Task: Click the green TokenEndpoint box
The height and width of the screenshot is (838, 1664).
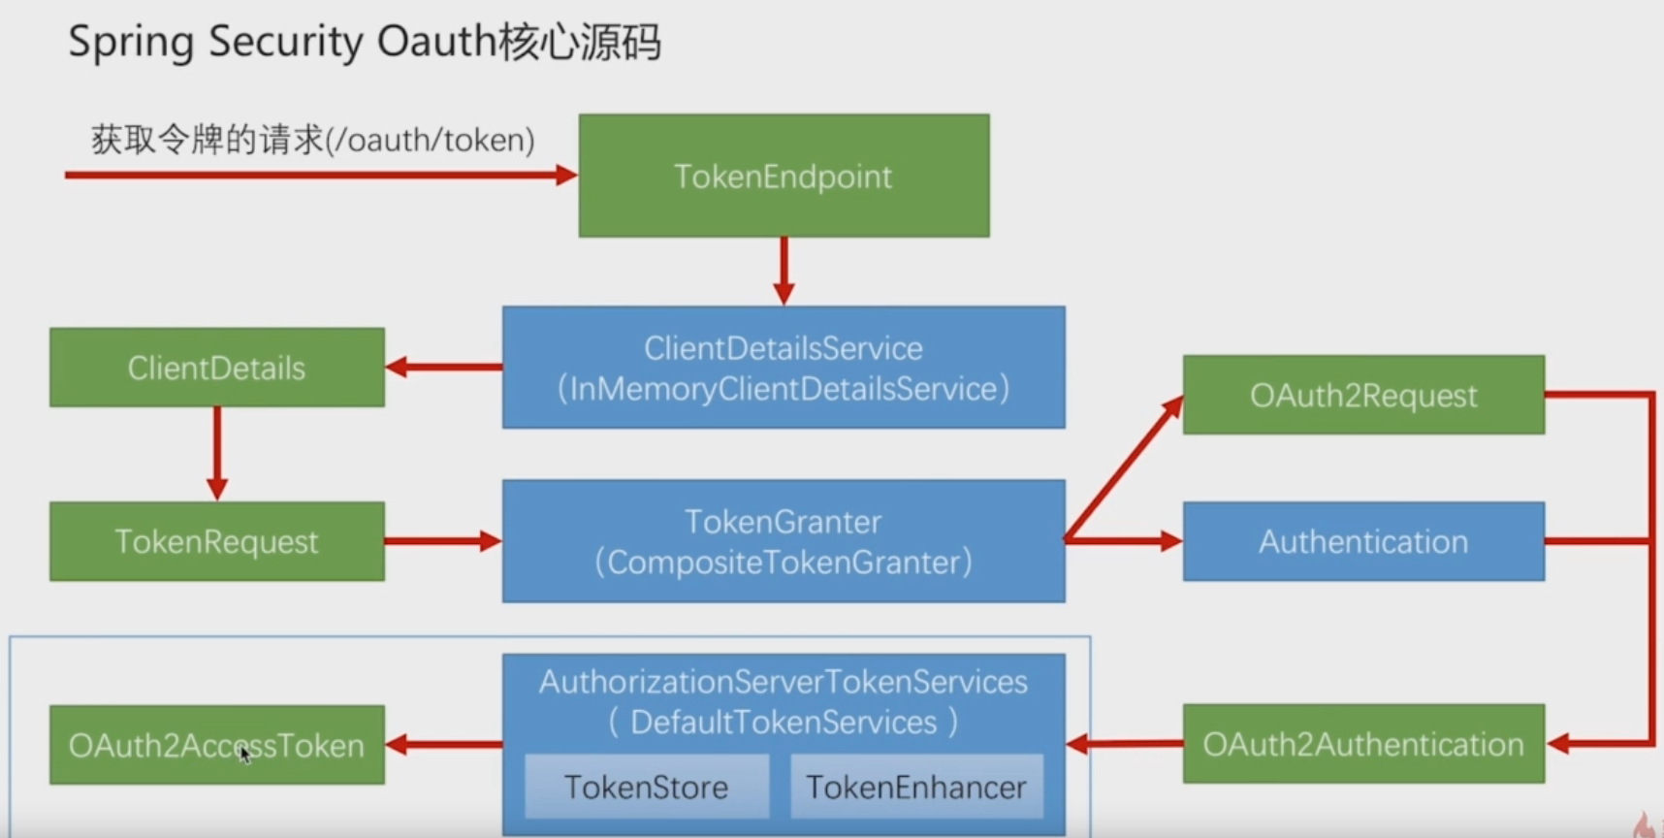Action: [784, 176]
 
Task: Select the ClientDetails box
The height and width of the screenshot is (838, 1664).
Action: [216, 368]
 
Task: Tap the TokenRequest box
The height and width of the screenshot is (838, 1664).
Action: [216, 541]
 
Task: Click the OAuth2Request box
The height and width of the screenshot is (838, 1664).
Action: [1362, 395]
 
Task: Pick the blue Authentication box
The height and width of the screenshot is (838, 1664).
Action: [1362, 541]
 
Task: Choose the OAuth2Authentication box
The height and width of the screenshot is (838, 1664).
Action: [1362, 744]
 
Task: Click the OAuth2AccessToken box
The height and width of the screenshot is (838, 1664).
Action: [216, 745]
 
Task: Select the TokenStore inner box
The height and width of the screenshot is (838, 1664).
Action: [646, 787]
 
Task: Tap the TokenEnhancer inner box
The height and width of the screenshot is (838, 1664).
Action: [915, 787]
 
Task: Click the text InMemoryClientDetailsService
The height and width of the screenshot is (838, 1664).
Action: [784, 389]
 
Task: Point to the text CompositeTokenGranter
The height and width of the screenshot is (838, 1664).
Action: [784, 563]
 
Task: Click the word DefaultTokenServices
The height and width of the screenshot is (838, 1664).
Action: [784, 723]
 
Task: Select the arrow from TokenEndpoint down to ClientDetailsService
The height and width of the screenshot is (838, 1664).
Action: [784, 271]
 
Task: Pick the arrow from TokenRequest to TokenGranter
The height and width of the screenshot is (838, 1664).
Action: [442, 541]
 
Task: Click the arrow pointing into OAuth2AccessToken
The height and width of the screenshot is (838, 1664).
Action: [444, 745]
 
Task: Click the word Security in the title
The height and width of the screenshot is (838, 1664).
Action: [285, 43]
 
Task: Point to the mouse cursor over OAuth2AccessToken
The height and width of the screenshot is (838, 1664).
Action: [244, 753]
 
